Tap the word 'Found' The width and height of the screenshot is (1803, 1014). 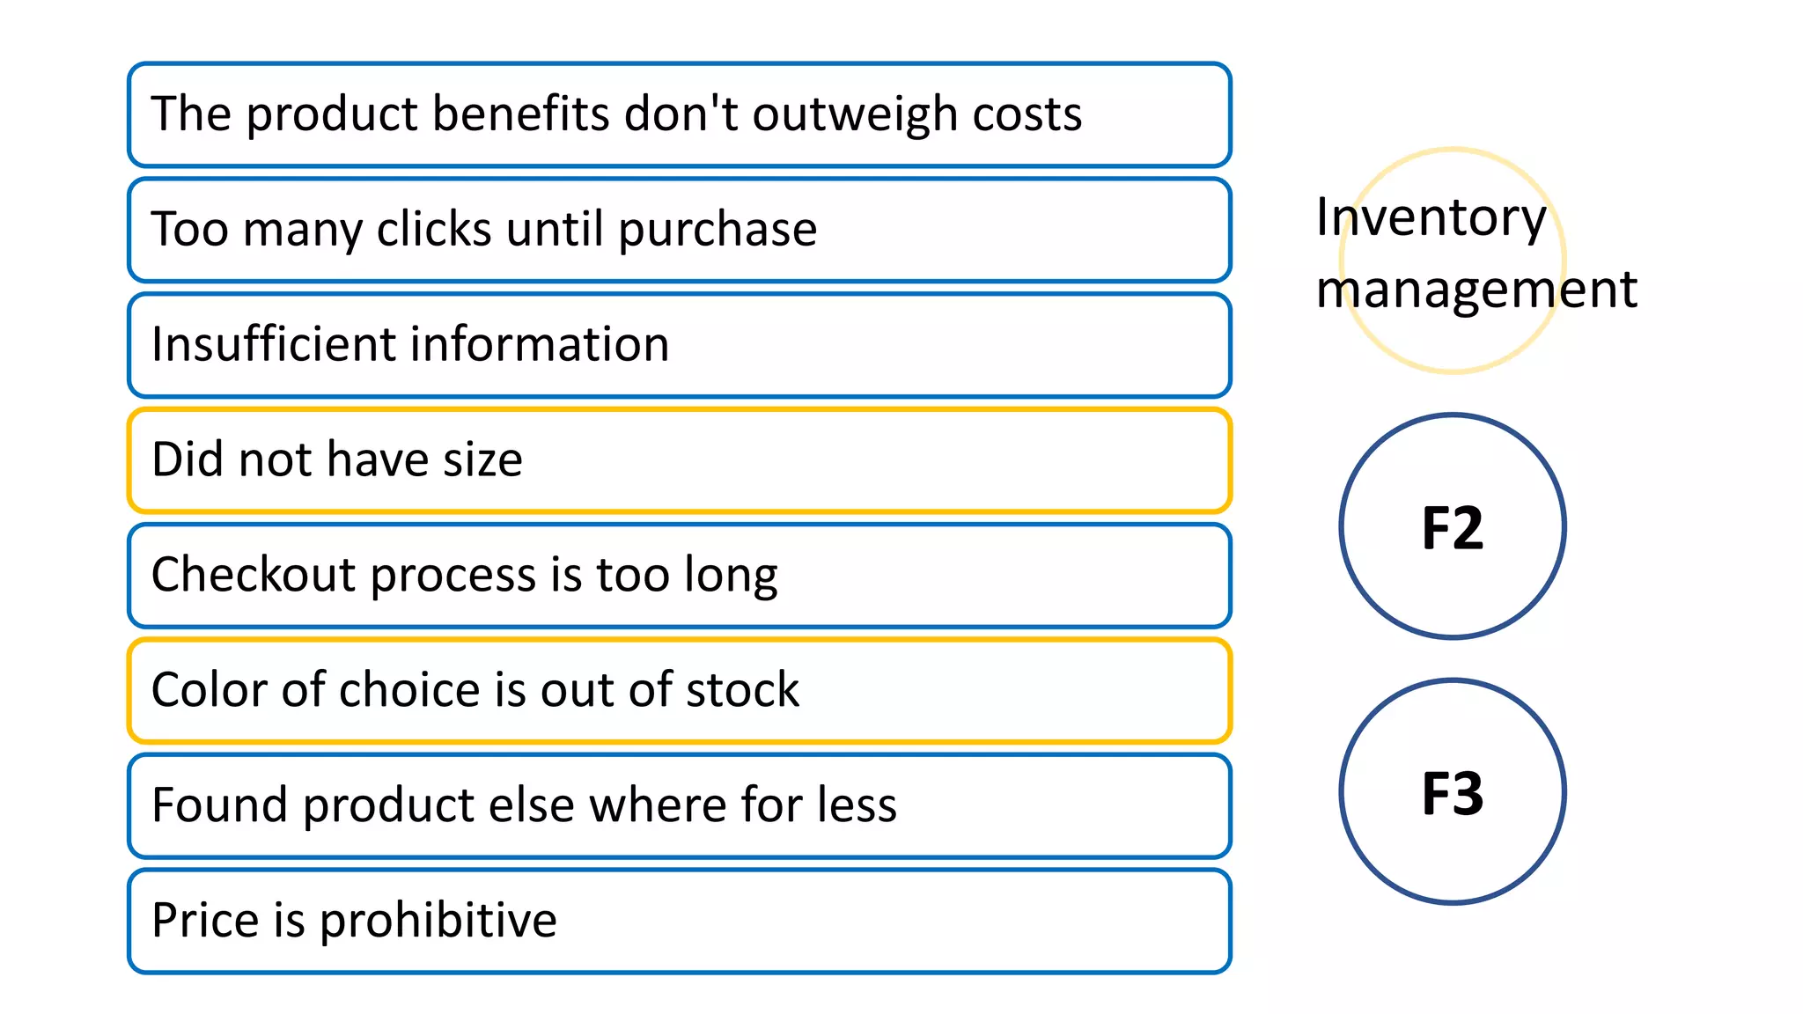pyautogui.click(x=219, y=805)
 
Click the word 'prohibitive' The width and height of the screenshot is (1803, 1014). pyautogui.click(x=438, y=921)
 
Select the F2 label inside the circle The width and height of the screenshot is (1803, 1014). pyautogui.click(x=1453, y=528)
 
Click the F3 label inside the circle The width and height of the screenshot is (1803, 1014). pyautogui.click(x=1453, y=793)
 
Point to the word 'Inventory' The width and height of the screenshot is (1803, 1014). pyautogui.click(x=1431, y=217)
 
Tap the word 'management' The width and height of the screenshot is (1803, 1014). pyautogui.click(x=1476, y=290)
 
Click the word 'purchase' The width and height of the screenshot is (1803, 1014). pyautogui.click(x=718, y=231)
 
